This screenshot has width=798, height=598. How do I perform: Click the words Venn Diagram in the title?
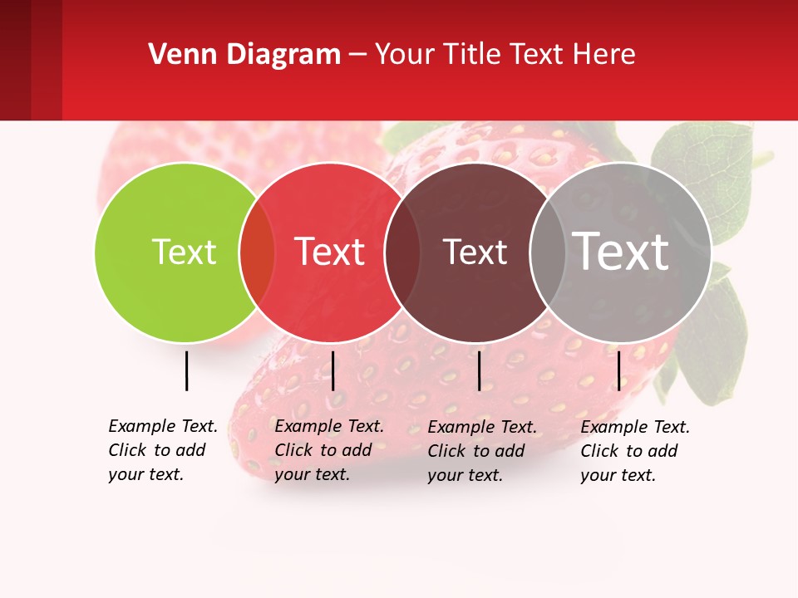click(244, 55)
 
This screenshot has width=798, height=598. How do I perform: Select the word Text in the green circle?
click(184, 252)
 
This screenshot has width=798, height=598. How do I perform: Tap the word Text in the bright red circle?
click(330, 252)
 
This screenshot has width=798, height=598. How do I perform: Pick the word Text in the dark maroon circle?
click(475, 252)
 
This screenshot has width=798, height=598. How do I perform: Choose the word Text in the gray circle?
click(621, 252)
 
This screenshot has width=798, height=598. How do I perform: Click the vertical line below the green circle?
click(186, 370)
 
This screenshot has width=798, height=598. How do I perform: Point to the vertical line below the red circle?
click(332, 370)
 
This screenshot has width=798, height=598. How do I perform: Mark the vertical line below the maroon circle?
click(479, 370)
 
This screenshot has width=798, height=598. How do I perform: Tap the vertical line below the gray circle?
click(618, 370)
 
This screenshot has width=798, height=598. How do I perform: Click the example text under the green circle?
click(163, 450)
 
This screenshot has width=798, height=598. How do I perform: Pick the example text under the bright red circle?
click(329, 450)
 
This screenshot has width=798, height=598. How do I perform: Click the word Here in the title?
click(604, 55)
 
